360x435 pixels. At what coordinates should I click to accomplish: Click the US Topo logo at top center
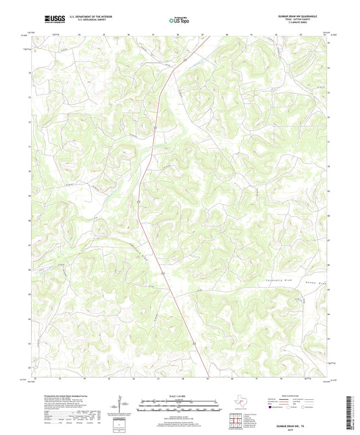(x=179, y=20)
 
